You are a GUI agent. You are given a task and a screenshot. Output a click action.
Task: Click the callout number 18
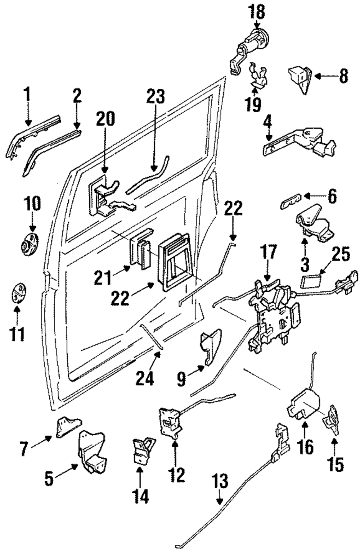pos(257,12)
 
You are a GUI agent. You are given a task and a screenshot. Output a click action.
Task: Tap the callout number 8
pos(343,76)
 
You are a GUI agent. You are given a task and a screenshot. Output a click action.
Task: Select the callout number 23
pos(156,97)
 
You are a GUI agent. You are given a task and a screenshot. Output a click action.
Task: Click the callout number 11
pos(17,334)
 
